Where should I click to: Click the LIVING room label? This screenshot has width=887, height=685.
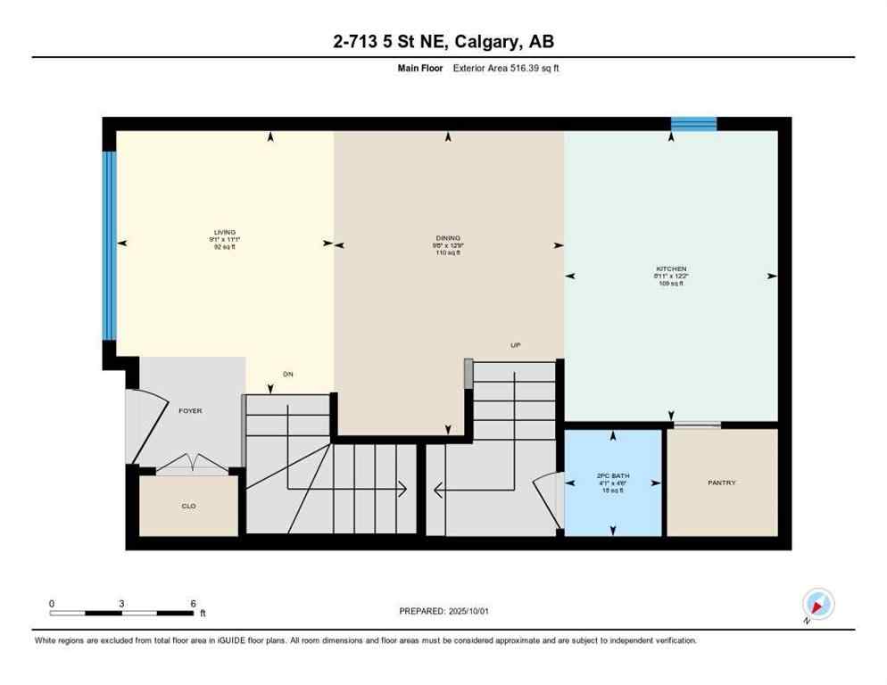224,232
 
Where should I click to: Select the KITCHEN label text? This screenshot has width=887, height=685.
671,268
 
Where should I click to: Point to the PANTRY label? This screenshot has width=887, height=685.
721,483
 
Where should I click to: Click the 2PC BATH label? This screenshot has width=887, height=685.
614,475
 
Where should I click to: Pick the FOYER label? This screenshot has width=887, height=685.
190,411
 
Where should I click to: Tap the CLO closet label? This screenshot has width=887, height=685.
188,506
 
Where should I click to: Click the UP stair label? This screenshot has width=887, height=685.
515,346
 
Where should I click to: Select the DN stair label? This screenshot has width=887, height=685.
287,374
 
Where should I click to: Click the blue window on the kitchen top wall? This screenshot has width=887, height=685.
694,123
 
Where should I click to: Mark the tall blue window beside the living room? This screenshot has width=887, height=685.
109,245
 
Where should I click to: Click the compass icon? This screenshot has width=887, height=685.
817,605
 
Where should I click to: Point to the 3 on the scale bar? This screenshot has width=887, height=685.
121,604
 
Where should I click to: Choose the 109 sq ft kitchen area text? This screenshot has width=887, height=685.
671,284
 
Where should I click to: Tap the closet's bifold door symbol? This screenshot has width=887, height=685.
189,462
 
